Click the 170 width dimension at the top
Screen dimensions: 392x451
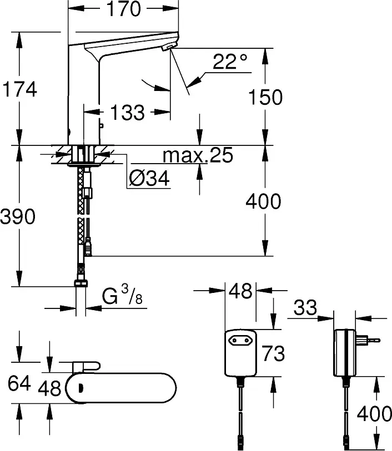point(124,9)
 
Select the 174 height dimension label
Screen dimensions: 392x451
point(20,89)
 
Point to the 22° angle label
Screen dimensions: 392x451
point(230,61)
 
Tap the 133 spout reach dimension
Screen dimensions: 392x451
point(128,112)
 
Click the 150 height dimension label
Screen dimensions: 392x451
point(265,97)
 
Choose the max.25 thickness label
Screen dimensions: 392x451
point(198,155)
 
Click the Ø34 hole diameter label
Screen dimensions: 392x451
point(149,178)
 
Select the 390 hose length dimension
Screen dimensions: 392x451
point(18,216)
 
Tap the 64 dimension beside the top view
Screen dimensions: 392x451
point(19,383)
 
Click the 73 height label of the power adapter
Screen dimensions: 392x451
point(273,353)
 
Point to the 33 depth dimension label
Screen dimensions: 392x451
point(305,307)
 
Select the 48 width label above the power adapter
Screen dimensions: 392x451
point(240,291)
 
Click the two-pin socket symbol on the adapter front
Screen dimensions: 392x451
point(239,341)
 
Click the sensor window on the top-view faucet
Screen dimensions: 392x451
point(81,388)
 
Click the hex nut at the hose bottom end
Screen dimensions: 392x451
point(81,283)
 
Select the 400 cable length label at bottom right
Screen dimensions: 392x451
point(374,414)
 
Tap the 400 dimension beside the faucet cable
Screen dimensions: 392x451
point(263,201)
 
